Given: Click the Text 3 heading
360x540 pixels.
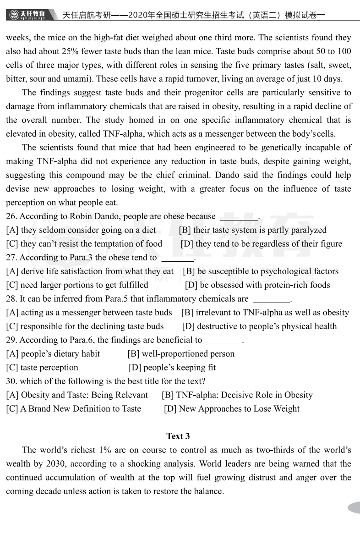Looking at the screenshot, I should tap(178, 436).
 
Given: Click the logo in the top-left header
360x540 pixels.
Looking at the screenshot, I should tap(28, 15).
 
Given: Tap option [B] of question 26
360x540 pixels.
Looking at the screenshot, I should tap(252, 230).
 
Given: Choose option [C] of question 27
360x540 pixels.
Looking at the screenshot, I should tap(77, 285).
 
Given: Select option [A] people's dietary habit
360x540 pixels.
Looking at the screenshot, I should tap(53, 354).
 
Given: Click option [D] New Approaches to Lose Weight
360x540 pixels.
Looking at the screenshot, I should tap(232, 409).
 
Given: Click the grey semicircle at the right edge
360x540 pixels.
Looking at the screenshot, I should tap(354, 507).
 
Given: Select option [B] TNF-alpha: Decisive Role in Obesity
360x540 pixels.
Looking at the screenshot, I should tap(237, 395).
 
